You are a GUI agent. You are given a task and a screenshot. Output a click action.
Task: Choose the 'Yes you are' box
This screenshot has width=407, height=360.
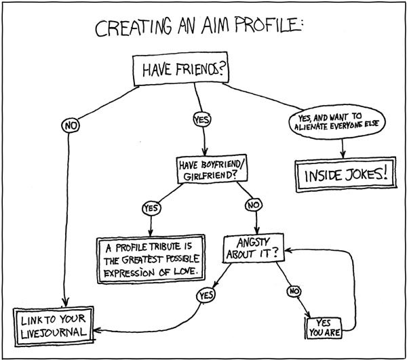click(x=324, y=327)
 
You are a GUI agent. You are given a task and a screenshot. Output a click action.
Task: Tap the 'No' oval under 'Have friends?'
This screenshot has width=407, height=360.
click(x=69, y=125)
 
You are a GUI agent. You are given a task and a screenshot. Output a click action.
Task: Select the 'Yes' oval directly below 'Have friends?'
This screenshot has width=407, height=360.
click(x=202, y=119)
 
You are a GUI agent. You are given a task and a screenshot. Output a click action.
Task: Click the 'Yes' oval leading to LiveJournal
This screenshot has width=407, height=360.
click(x=205, y=295)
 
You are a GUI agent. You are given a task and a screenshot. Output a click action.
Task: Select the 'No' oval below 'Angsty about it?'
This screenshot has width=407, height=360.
click(x=294, y=292)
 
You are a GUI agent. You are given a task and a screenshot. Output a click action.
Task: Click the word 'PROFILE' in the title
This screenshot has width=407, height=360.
click(x=269, y=28)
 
